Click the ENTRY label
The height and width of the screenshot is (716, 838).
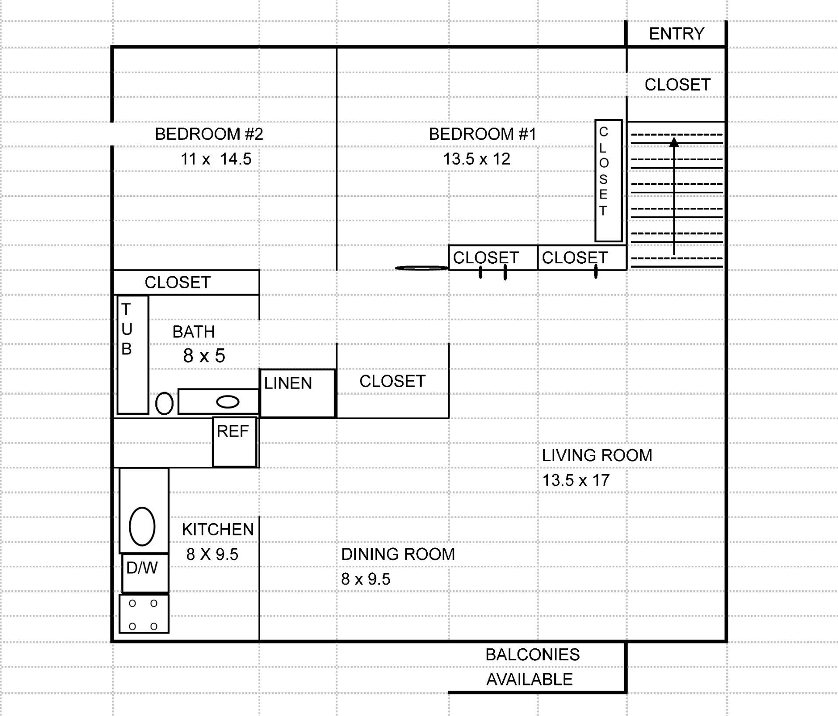677,34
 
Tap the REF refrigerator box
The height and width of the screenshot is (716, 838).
234,442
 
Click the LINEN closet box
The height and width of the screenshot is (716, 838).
297,393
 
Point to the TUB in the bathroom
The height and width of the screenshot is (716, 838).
133,355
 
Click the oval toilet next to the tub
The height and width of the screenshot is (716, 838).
164,403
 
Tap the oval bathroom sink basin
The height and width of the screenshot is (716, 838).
227,402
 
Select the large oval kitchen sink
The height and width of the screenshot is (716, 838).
142,527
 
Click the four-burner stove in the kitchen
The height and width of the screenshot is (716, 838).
144,614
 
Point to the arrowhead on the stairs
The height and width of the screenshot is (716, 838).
674,142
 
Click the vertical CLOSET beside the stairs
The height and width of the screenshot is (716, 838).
608,180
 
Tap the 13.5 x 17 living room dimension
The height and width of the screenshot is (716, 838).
575,480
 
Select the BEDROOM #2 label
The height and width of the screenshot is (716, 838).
209,134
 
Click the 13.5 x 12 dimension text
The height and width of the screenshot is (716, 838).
476,159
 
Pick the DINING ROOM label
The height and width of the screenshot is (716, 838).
398,554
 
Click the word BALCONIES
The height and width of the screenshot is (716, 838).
532,654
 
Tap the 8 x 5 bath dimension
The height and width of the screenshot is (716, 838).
204,356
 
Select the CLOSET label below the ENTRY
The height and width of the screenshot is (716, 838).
677,85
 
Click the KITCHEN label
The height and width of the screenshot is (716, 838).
217,530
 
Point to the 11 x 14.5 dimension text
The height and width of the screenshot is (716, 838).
216,159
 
